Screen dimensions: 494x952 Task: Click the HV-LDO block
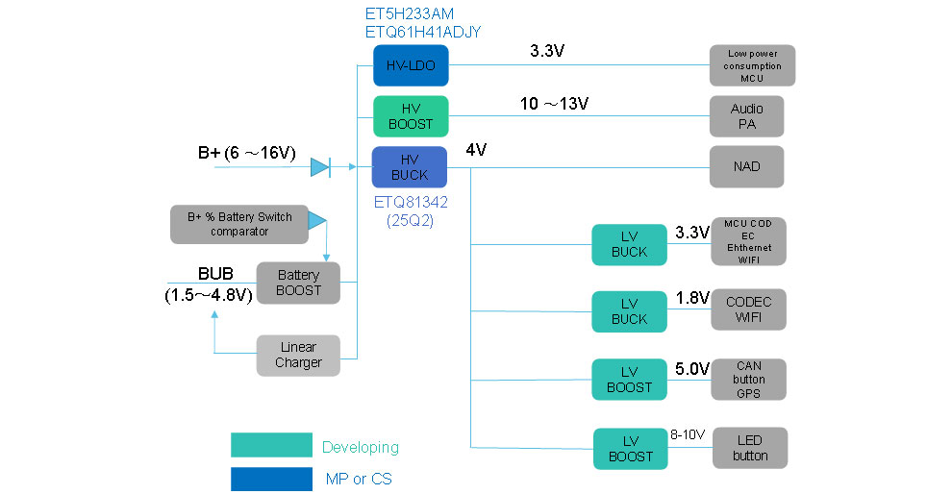point(411,65)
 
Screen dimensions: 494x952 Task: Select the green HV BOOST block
point(411,115)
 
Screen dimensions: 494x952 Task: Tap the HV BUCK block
point(411,166)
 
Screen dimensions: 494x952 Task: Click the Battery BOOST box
point(298,283)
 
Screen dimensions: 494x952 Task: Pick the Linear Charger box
point(298,355)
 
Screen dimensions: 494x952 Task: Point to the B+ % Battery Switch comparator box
point(238,224)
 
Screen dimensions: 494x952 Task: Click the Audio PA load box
point(747,116)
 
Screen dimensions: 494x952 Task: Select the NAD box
point(747,166)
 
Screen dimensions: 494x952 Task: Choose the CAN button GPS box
point(749,379)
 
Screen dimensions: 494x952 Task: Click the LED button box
point(750,448)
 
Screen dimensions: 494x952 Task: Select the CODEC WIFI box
point(749,309)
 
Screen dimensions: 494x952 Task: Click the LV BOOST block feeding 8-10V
point(630,448)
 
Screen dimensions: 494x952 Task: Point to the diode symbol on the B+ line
point(320,167)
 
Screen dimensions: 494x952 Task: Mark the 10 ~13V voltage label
point(555,104)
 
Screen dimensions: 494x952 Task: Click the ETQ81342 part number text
point(411,203)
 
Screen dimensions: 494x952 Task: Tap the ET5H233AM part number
point(409,14)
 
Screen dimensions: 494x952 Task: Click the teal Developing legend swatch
point(271,446)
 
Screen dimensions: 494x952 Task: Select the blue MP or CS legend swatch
point(271,479)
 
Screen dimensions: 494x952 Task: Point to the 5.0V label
point(692,369)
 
